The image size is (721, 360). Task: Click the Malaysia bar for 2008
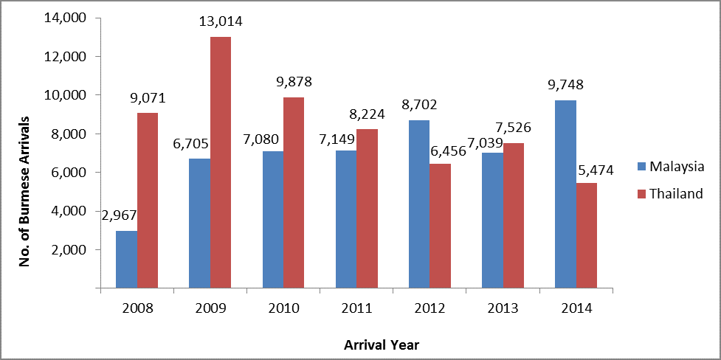coord(126,259)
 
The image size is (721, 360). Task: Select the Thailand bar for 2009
coord(221,162)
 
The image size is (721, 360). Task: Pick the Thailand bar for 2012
coord(441,226)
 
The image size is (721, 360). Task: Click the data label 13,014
coord(221,22)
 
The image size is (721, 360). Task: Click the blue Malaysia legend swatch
coord(642,167)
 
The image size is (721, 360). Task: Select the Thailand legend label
coord(676,193)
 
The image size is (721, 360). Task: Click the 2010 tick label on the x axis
coord(283,307)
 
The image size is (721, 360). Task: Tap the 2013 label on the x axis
coord(503,307)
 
